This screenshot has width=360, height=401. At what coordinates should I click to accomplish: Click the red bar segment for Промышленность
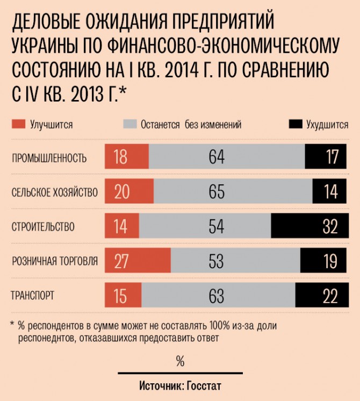pyautogui.click(x=127, y=157)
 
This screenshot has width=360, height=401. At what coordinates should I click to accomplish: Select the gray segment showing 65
pyautogui.click(x=233, y=192)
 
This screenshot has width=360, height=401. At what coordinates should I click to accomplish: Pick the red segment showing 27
pyautogui.click(x=138, y=261)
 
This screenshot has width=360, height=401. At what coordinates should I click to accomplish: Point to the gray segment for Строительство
pyautogui.click(x=205, y=226)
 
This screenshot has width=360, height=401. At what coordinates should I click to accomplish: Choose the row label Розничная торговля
pyautogui.click(x=55, y=261)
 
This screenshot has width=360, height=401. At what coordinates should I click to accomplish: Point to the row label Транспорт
pyautogui.click(x=33, y=296)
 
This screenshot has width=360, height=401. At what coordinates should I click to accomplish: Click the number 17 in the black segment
pyautogui.click(x=332, y=157)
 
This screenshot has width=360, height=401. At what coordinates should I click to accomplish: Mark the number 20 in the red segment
pyautogui.click(x=122, y=192)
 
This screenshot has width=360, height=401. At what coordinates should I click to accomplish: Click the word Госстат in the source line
pyautogui.click(x=204, y=386)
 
